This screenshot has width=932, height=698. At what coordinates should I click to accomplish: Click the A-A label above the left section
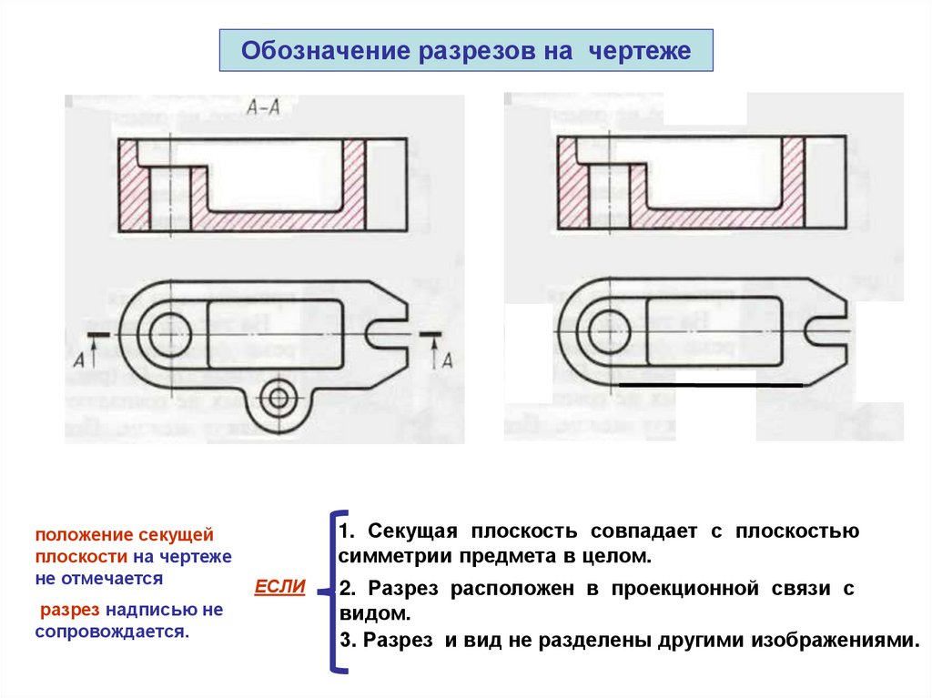pyautogui.click(x=263, y=106)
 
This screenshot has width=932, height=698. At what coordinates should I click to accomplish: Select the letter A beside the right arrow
pyautogui.click(x=446, y=360)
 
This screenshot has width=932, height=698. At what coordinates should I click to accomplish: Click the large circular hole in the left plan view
pyautogui.click(x=166, y=333)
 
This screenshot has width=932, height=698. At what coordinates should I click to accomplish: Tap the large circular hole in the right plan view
pyautogui.click(x=604, y=333)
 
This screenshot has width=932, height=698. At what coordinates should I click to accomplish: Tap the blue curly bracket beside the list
pyautogui.click(x=334, y=592)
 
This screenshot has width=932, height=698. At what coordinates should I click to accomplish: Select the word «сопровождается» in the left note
pyautogui.click(x=111, y=631)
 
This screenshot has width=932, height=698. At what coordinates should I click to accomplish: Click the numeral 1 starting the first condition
pyautogui.click(x=344, y=531)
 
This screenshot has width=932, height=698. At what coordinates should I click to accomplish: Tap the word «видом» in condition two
pyautogui.click(x=367, y=614)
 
